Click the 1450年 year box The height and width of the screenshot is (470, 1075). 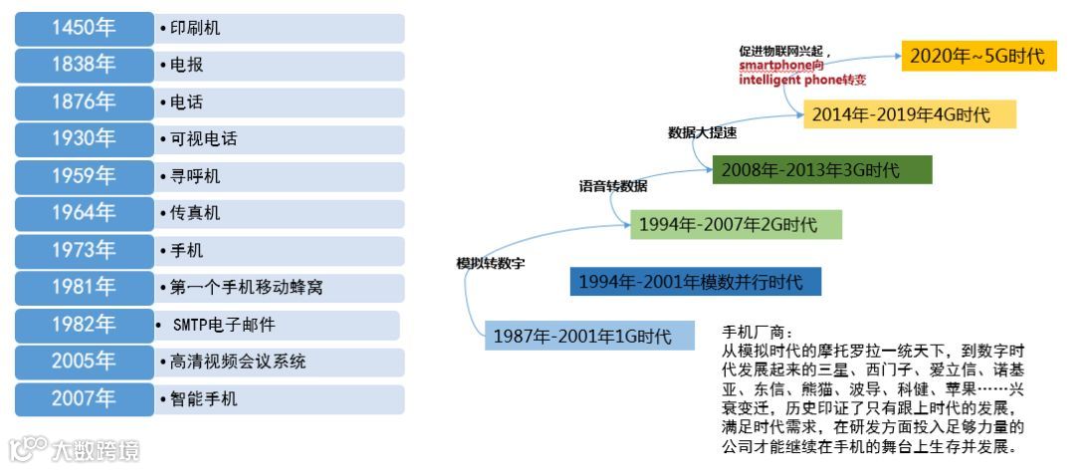pos(84,28)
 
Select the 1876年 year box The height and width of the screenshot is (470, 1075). pos(84,103)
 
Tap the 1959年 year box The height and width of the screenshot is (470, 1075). pos(84,177)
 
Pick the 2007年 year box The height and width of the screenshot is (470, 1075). pos(84,399)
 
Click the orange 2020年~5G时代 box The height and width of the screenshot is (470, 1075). pos(977,56)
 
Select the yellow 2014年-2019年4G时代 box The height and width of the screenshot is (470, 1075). pos(910,114)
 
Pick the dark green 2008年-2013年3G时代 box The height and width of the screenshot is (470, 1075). pos(822,170)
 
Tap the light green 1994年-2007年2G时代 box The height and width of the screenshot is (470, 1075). pos(735,225)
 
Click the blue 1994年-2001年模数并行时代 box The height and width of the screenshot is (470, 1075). pos(696,282)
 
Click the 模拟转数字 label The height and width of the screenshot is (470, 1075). pos(491,264)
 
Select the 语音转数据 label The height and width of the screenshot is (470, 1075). pos(613,186)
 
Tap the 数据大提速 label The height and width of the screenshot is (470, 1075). pos(703,131)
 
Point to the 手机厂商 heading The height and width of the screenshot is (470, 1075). pos(753,333)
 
